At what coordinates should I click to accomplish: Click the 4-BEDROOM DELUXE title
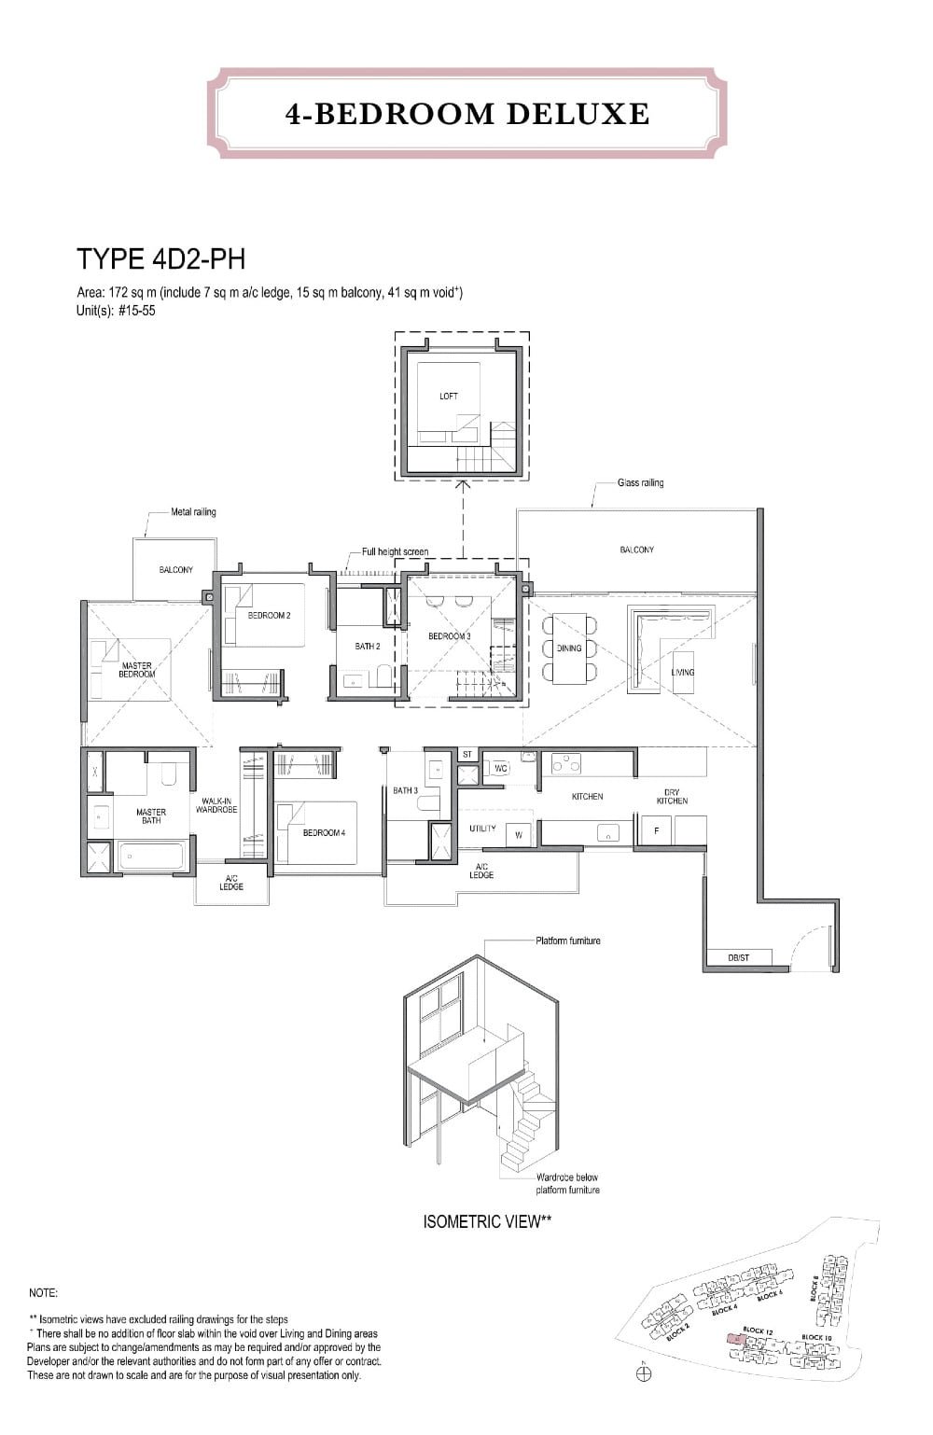pos(466,114)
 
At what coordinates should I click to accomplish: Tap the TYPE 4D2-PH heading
pos(160,258)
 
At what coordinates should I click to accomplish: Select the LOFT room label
pos(449,397)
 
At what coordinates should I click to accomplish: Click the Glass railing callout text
pos(640,483)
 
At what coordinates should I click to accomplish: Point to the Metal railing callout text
pos(193,512)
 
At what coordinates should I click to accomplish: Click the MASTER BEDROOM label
pos(136,670)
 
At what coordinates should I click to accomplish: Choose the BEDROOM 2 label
pos(269,616)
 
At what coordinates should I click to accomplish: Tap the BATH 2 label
pos(367,646)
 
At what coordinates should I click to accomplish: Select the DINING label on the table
pos(568,648)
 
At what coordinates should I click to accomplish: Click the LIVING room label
pos(683,672)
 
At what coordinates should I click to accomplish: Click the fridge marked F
pos(656,830)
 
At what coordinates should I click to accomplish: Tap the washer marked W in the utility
pos(518,835)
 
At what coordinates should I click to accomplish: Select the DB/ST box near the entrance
pos(738,957)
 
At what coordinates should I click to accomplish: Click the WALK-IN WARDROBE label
pos(216,805)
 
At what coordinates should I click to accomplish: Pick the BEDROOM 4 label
pos(324,832)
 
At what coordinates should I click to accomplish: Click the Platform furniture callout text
pos(567,940)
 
